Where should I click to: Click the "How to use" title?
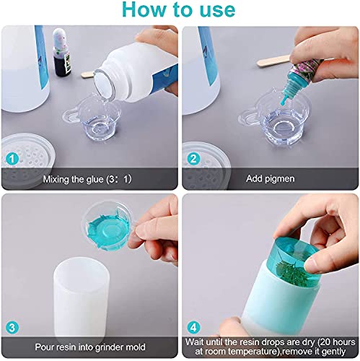(x=179, y=9)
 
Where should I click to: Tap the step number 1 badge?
(x=12, y=159)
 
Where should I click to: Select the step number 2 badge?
(x=193, y=159)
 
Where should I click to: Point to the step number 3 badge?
(x=12, y=328)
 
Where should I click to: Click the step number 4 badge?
(x=193, y=327)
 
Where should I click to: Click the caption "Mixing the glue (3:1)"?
(x=87, y=179)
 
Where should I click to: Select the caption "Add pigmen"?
(x=271, y=179)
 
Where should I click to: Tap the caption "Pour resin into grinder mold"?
(x=90, y=347)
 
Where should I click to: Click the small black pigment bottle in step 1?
(x=61, y=53)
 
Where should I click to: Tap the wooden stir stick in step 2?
(x=273, y=61)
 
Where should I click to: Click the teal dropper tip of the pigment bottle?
(x=284, y=100)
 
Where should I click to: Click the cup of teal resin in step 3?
(x=108, y=226)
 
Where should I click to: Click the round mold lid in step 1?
(x=27, y=160)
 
